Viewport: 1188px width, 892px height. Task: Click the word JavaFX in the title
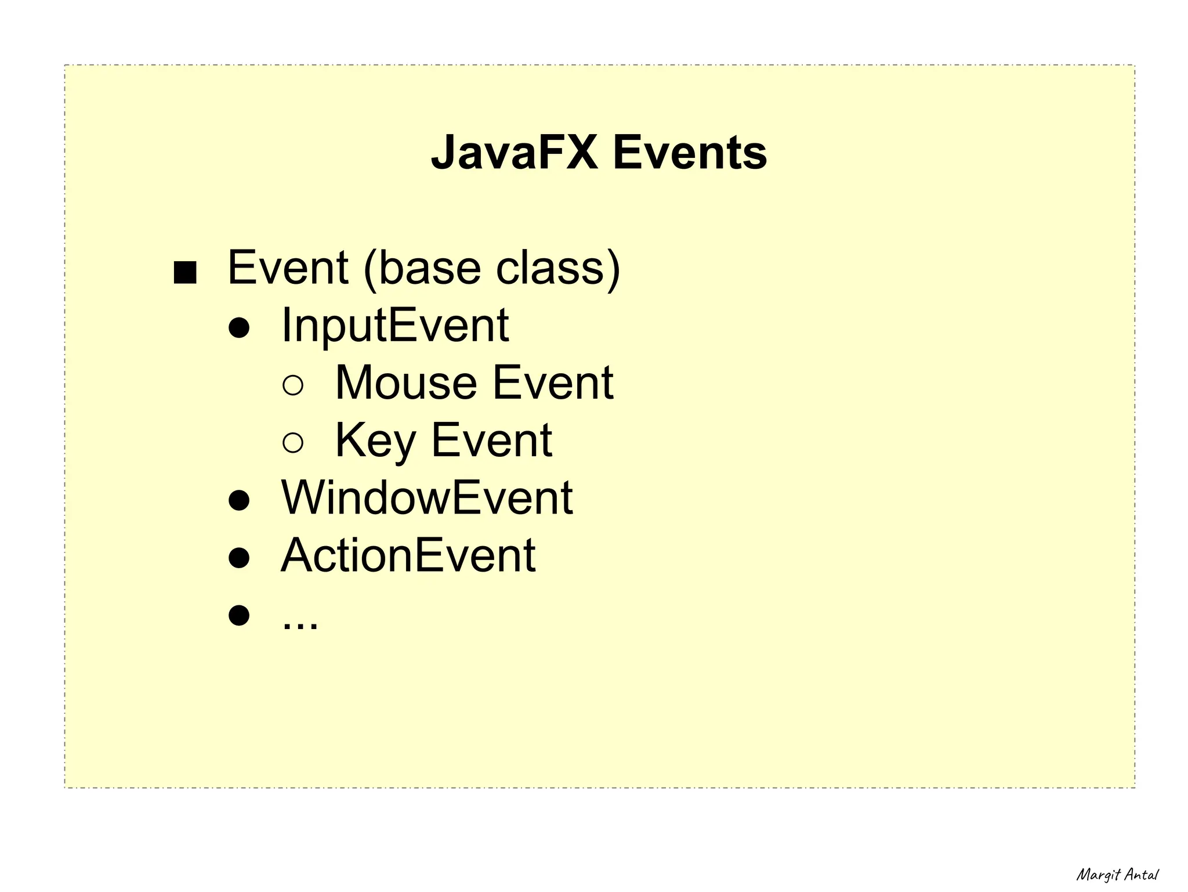click(x=514, y=153)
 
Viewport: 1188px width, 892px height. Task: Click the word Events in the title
click(x=690, y=153)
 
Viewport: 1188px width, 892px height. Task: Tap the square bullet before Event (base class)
click(x=185, y=272)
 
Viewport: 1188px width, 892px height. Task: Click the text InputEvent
click(x=395, y=325)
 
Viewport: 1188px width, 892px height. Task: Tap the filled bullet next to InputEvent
click(x=239, y=328)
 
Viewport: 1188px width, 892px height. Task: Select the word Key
click(x=375, y=440)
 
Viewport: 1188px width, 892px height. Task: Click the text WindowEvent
click(x=427, y=497)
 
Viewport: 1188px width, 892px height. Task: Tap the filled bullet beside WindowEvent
click(x=239, y=500)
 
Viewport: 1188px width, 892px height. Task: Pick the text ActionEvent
click(x=408, y=555)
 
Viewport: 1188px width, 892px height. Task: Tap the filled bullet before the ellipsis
click(x=239, y=615)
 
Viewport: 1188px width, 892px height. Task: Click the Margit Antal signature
click(x=1117, y=875)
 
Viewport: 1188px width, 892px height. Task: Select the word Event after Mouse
click(x=553, y=382)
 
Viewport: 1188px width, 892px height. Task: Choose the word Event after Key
click(x=491, y=440)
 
